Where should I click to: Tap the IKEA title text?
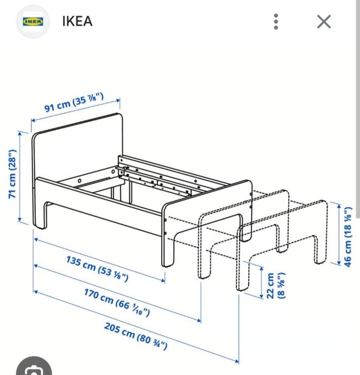click(76, 22)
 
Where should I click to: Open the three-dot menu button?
click(276, 21)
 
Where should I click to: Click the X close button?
click(324, 22)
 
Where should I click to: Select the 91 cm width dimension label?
click(81, 103)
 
